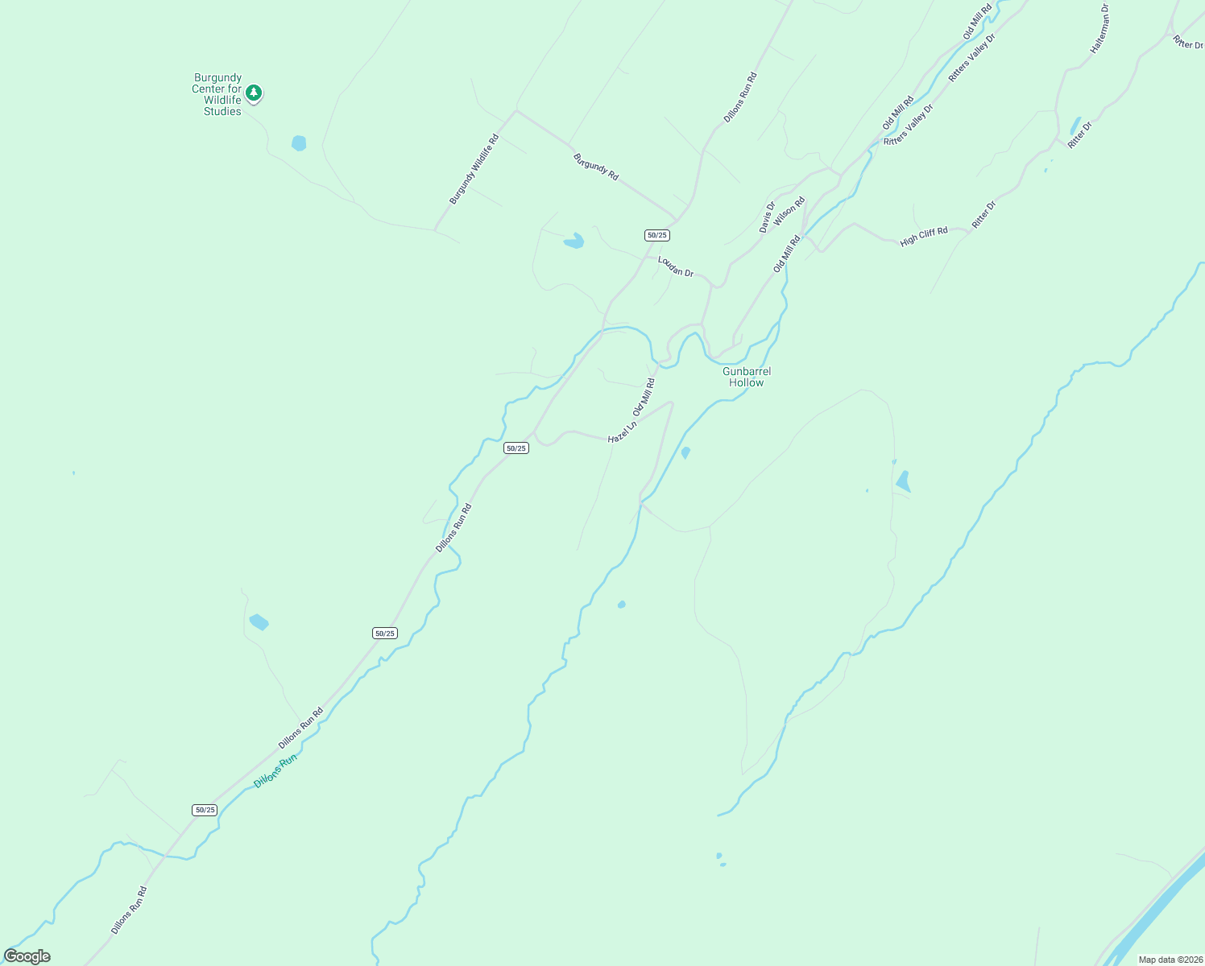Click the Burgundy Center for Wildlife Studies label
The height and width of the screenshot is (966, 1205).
217,95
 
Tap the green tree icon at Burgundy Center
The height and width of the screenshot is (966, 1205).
254,93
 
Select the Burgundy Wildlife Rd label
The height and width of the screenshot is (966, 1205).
474,169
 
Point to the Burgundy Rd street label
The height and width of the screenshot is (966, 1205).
596,167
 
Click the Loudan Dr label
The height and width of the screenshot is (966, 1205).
676,266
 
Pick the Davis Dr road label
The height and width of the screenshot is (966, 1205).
767,217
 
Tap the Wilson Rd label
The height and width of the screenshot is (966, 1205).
789,213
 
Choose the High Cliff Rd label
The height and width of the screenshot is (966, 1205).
924,236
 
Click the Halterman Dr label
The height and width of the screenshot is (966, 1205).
1100,29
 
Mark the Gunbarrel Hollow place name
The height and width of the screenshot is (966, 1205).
747,377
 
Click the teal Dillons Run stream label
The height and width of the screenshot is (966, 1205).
275,770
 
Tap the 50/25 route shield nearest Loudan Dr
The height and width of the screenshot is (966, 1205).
656,235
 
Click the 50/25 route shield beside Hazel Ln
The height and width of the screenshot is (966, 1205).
516,448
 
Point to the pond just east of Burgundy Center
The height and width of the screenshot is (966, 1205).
299,143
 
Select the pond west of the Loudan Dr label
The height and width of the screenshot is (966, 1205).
574,241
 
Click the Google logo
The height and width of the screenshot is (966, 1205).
27,956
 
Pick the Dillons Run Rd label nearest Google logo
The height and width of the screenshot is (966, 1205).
130,910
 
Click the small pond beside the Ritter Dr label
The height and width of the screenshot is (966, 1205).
1075,126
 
